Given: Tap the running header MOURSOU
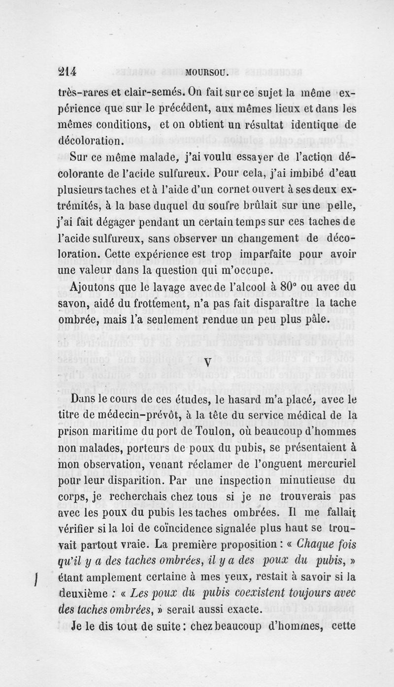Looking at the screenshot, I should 204,73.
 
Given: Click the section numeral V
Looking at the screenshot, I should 207,361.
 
